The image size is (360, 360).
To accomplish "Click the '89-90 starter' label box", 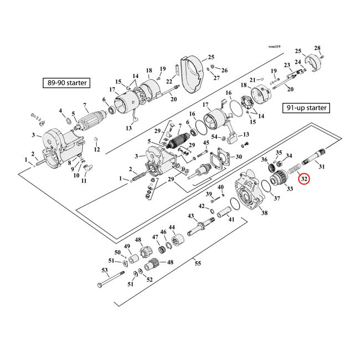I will (x=67, y=84).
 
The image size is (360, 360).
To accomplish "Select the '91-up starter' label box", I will (x=306, y=108).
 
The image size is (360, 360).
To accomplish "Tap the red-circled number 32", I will (x=304, y=179).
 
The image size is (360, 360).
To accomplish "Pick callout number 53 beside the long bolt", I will (x=104, y=271).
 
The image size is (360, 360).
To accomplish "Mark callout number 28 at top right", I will (x=318, y=48).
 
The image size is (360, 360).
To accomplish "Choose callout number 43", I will (x=191, y=215).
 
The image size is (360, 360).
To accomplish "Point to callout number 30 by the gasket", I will (x=239, y=157).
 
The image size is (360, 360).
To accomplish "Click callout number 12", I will (x=97, y=150).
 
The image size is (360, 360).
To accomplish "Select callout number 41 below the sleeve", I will (x=231, y=220).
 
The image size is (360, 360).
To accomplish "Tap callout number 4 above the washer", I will (x=61, y=111).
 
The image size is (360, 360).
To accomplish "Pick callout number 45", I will (x=206, y=143).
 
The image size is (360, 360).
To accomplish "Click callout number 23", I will (x=287, y=65).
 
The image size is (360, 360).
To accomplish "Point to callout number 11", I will (x=84, y=181).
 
